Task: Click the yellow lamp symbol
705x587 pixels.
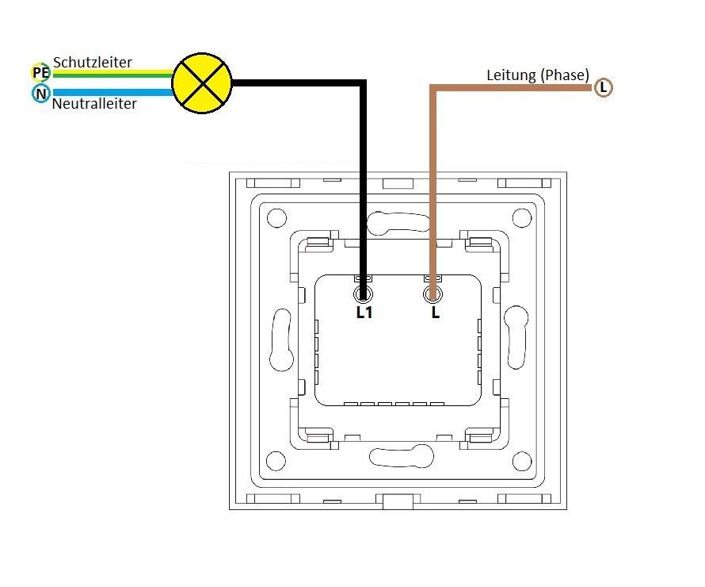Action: click(202, 82)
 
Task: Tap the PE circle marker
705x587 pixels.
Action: click(40, 73)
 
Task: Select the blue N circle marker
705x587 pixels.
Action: click(40, 94)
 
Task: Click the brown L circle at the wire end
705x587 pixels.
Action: click(604, 87)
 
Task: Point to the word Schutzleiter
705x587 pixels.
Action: click(93, 62)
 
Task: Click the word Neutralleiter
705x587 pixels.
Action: click(94, 104)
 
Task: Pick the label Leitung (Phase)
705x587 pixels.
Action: click(538, 75)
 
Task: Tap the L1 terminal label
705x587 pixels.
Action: click(364, 313)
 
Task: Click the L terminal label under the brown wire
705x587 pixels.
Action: click(435, 313)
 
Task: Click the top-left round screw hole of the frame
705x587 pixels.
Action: click(276, 217)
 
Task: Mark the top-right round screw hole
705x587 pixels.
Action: click(521, 217)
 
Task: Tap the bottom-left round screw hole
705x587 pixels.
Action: click(276, 460)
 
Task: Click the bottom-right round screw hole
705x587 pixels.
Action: click(521, 460)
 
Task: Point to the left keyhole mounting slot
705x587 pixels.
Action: click(281, 340)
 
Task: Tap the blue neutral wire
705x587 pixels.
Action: click(111, 93)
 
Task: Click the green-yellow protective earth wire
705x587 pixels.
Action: click(111, 74)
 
